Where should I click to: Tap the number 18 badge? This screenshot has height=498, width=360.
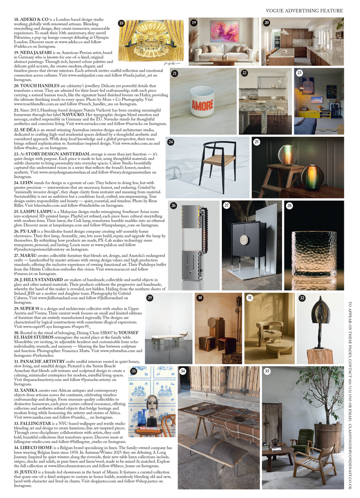(x=121, y=23)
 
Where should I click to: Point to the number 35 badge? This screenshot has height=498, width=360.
(x=267, y=371)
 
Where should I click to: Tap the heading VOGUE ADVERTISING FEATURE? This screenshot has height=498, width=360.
(x=304, y=10)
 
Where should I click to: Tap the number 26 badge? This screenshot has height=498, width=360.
(x=173, y=205)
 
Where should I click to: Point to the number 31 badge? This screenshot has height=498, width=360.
(x=250, y=298)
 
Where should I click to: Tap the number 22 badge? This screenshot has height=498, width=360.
(x=244, y=72)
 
